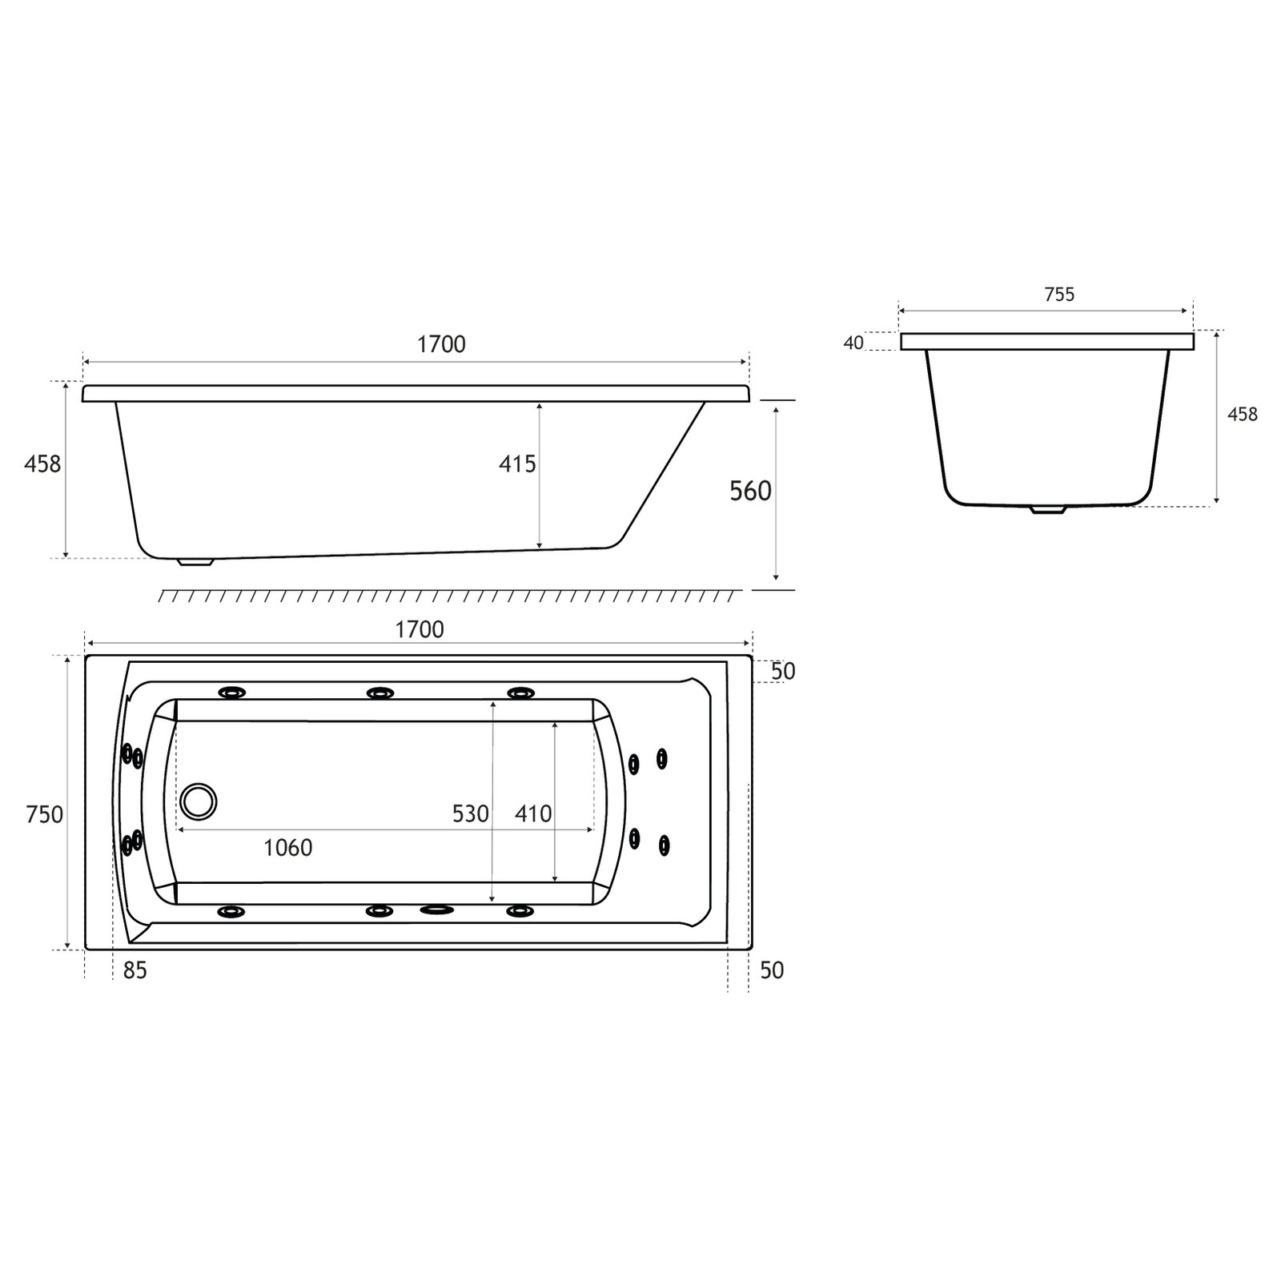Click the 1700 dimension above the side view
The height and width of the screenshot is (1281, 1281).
point(441,344)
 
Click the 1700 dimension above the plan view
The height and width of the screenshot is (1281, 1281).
point(420,629)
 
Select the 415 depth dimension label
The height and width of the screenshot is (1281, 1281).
point(517,464)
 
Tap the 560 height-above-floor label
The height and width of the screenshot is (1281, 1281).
point(750,491)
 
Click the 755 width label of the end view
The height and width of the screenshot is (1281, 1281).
point(1059,295)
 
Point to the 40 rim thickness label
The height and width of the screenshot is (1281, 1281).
point(853,343)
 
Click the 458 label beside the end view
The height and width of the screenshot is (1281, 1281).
point(1242,414)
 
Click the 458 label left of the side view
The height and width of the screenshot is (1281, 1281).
point(42,464)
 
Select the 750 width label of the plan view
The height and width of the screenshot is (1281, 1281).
point(44,814)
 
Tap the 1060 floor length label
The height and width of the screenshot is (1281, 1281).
point(288,847)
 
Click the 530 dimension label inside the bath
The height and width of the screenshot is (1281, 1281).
point(470,813)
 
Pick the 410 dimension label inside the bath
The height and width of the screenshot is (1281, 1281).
point(533,813)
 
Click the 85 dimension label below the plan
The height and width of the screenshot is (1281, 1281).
point(135,970)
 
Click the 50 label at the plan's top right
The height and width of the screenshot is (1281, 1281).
point(783,671)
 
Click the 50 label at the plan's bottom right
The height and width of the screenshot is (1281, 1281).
point(772,970)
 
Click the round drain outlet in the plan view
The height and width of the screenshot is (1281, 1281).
point(198,801)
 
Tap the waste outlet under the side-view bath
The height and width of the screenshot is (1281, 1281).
point(196,561)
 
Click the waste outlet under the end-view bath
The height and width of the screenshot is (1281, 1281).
point(1047,508)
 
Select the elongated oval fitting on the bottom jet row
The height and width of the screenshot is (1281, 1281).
point(436,910)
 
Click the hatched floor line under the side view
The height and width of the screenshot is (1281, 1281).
point(448,596)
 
